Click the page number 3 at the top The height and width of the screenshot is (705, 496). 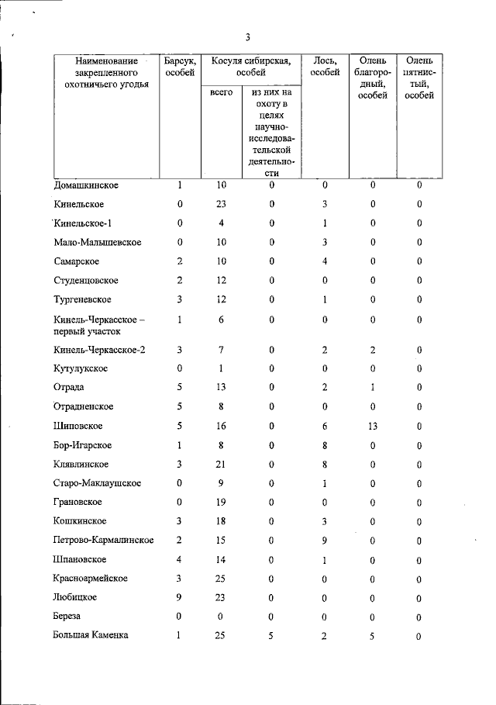tap(247, 36)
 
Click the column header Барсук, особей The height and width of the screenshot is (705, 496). tap(180, 67)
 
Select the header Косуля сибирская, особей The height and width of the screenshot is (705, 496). tap(251, 67)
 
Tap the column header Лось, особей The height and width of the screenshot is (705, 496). tap(325, 67)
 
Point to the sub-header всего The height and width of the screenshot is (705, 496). tap(222, 93)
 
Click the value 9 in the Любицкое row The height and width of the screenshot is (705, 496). tap(180, 597)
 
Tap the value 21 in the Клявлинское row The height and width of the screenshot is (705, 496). tap(222, 464)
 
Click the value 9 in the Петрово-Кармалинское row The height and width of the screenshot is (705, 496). tap(325, 540)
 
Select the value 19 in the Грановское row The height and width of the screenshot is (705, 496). tap(222, 502)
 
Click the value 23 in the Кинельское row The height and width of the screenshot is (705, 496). tap(222, 205)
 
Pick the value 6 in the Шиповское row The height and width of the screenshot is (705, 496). tap(325, 426)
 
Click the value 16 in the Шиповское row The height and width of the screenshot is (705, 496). tap(222, 426)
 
